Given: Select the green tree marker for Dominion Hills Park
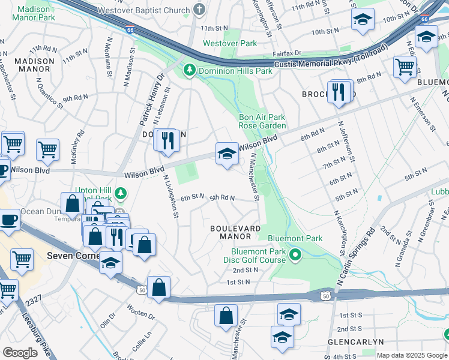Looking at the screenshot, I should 190,71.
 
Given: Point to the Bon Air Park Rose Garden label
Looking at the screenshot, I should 262,121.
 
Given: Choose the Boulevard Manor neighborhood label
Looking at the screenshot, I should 235,232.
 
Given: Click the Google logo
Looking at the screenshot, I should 20,353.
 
